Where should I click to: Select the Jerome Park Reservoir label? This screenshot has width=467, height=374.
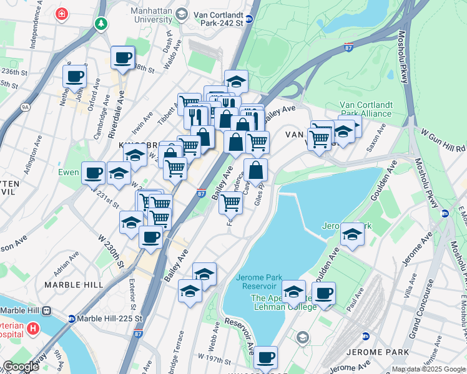pyautogui.click(x=259, y=282)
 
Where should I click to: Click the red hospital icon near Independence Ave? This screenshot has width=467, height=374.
pyautogui.click(x=62, y=13)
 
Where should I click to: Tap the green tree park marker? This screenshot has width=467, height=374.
pyautogui.click(x=101, y=23)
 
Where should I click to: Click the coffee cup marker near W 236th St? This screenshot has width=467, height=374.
pyautogui.click(x=74, y=77)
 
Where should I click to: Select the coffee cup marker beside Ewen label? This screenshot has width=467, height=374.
pyautogui.click(x=93, y=172)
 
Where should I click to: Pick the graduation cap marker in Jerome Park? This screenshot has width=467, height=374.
pyautogui.click(x=352, y=234)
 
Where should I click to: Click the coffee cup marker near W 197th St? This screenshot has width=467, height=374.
pyautogui.click(x=265, y=357)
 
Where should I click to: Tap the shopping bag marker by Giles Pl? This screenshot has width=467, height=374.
pyautogui.click(x=255, y=170)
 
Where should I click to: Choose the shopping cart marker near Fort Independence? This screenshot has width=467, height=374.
pyautogui.click(x=231, y=202)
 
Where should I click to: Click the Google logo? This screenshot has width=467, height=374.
pyautogui.click(x=21, y=367)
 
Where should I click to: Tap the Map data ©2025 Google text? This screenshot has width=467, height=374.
pyautogui.click(x=428, y=369)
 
